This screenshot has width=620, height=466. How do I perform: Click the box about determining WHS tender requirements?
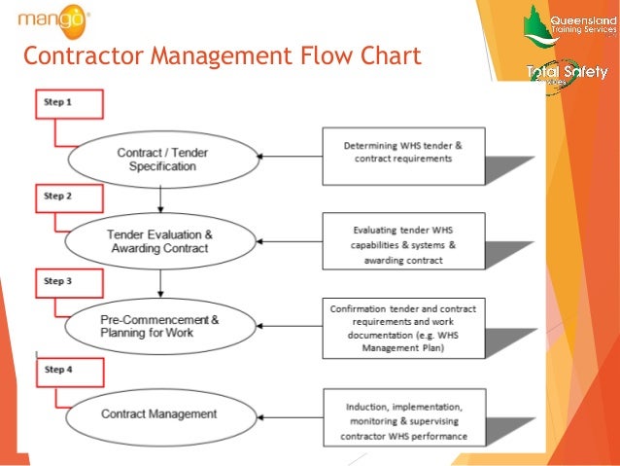point(402,155)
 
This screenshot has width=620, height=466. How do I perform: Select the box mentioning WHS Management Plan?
point(402,327)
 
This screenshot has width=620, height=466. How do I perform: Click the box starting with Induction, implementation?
point(402,417)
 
